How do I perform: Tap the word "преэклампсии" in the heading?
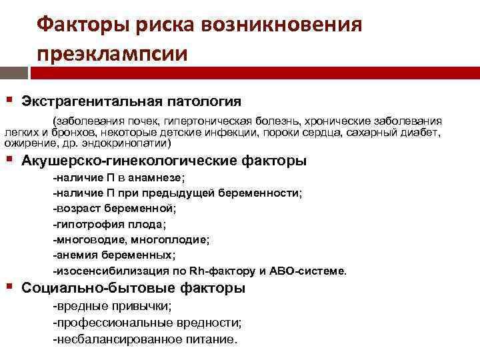pos(113,52)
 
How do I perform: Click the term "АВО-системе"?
pos(311,271)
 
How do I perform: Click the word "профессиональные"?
pos(108,323)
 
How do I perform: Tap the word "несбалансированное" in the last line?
pos(111,339)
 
